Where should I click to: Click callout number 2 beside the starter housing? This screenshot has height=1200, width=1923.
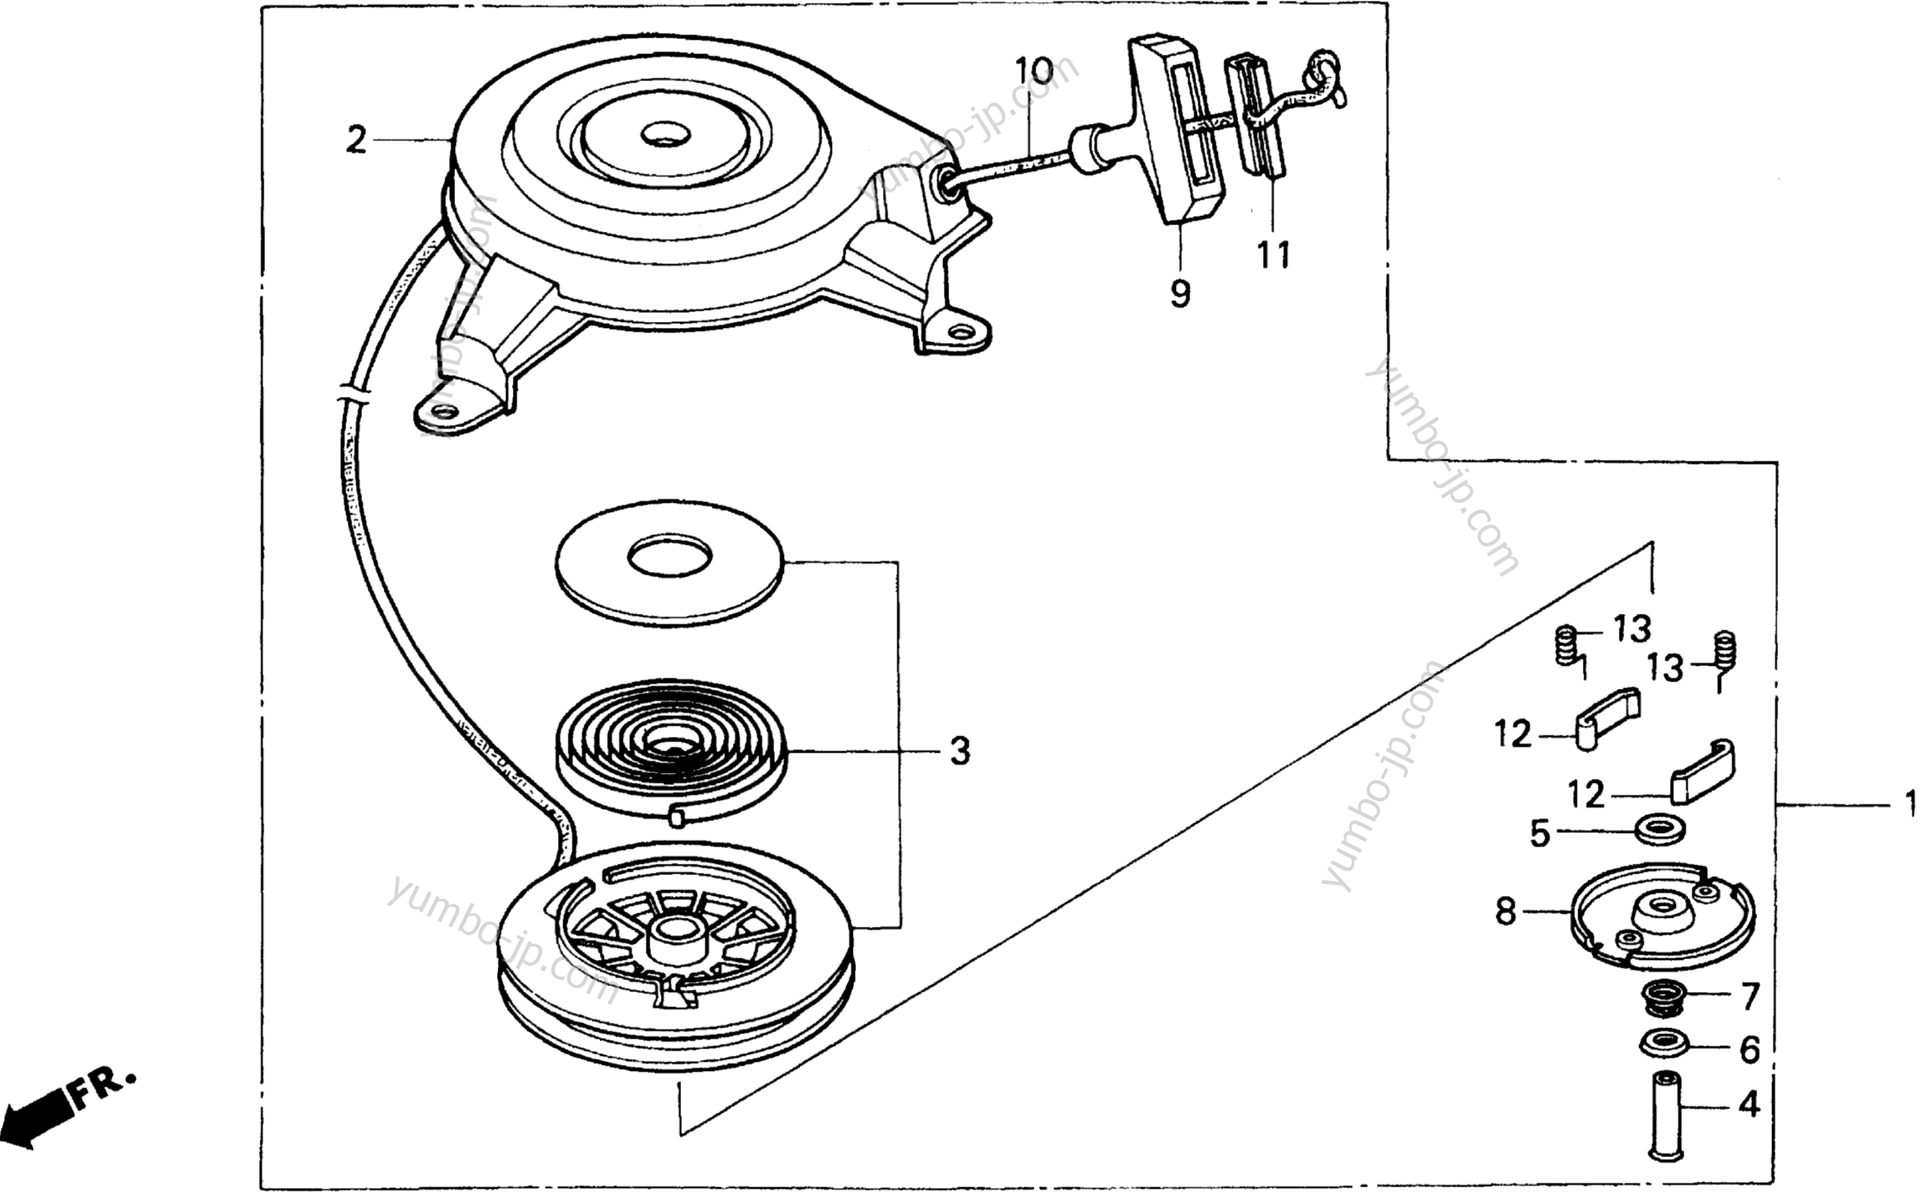(x=357, y=140)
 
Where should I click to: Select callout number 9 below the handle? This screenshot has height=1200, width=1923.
(x=1180, y=293)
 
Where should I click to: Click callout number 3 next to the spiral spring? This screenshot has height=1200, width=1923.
(x=960, y=750)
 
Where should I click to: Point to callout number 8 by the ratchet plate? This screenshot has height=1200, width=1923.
(x=1506, y=912)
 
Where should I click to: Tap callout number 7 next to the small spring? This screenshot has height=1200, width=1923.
(x=1750, y=996)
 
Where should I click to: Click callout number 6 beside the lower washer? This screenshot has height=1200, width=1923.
(x=1750, y=1049)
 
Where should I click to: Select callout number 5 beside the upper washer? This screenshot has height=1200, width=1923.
(x=1539, y=833)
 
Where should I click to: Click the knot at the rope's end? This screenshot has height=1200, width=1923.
(x=1327, y=80)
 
